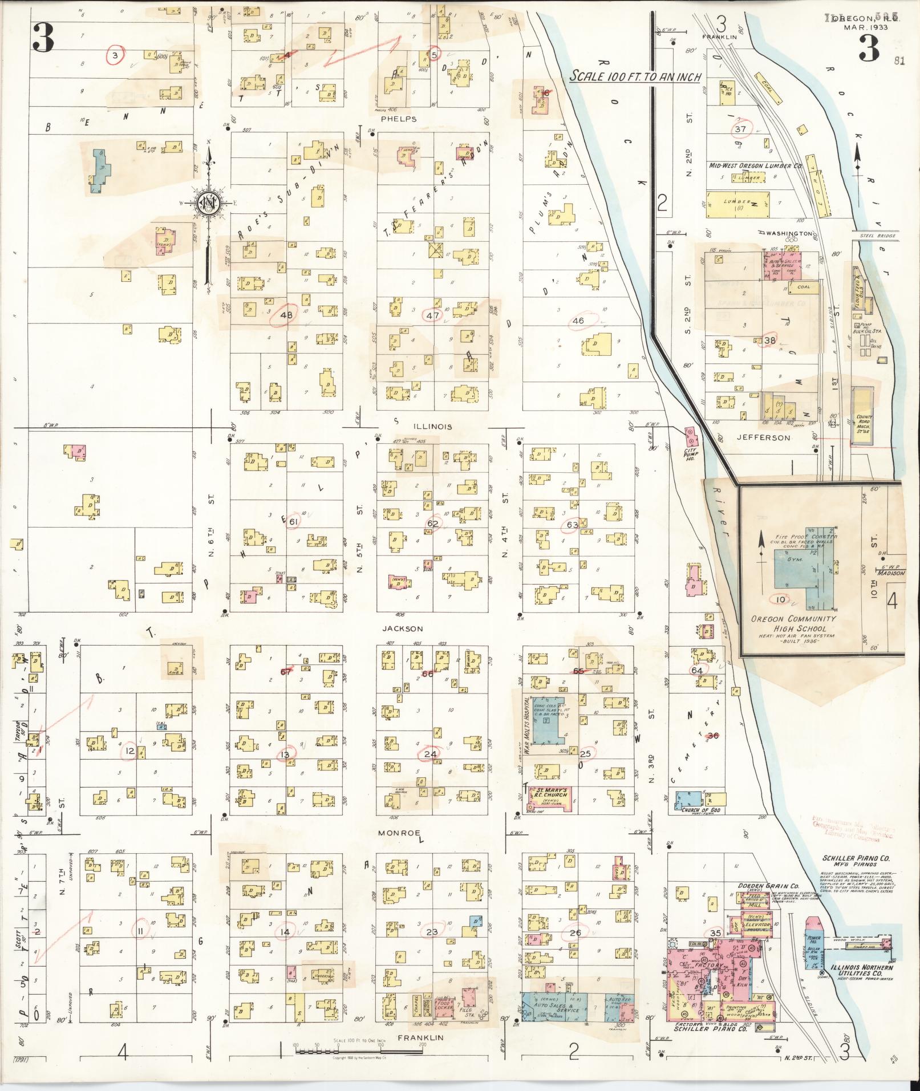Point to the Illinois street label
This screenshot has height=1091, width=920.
(431, 427)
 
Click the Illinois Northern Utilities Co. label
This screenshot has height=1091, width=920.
(860, 971)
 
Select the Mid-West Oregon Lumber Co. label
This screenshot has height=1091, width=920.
(755, 166)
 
